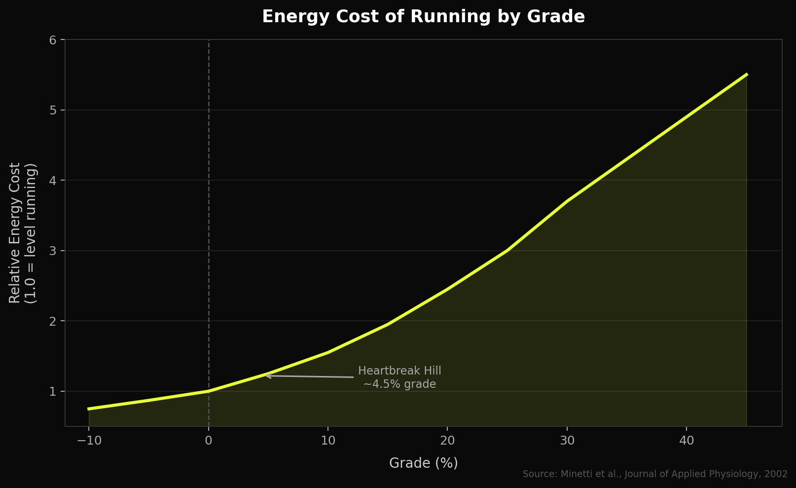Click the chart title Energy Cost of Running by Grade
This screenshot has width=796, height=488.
423,17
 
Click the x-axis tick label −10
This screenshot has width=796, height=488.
89,441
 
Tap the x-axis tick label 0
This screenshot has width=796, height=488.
209,441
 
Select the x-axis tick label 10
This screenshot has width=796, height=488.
328,441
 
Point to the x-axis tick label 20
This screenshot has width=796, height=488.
447,441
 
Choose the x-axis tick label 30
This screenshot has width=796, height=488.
567,441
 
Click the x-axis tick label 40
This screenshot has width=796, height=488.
687,441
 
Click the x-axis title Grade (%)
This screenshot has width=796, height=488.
423,463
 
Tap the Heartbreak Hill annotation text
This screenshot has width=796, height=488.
399,377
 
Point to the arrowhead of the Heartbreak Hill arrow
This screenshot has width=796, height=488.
266,376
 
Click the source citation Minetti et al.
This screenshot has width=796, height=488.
655,474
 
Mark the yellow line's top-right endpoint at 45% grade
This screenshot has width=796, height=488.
747,75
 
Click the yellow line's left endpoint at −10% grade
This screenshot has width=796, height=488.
89,409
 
